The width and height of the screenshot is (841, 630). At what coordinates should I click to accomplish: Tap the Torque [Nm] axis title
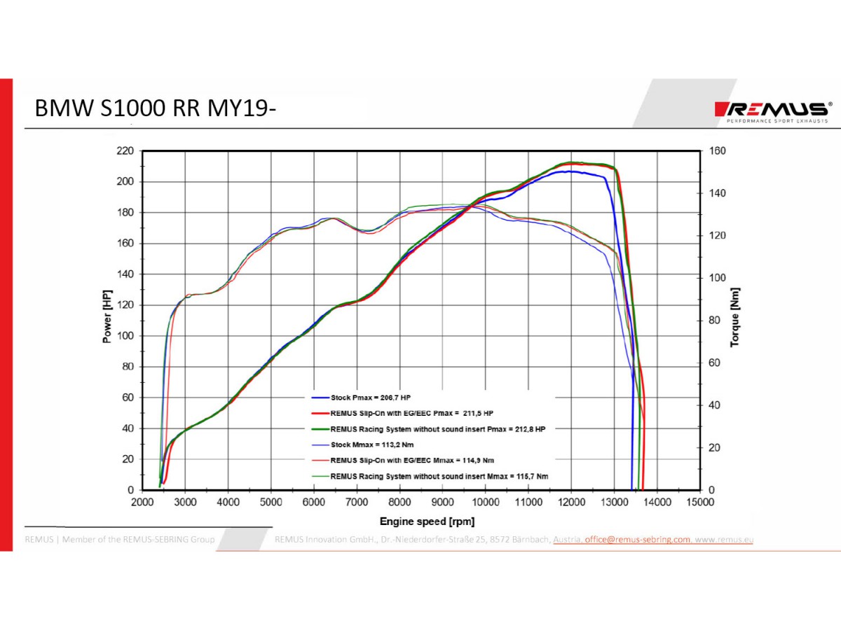tap(734, 318)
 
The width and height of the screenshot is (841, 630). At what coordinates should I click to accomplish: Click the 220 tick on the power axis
tap(125, 150)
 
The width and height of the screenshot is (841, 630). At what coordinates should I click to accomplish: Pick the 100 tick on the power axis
tap(125, 336)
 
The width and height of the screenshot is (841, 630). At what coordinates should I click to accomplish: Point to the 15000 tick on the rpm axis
tap(699, 503)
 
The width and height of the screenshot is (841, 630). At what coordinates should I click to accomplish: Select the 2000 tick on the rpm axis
tap(142, 503)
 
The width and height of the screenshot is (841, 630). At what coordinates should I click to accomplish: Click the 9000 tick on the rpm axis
tap(442, 503)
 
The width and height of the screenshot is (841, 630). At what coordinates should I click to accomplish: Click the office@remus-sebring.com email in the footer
tap(637, 540)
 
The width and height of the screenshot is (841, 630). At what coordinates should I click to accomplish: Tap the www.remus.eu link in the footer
tap(725, 540)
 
